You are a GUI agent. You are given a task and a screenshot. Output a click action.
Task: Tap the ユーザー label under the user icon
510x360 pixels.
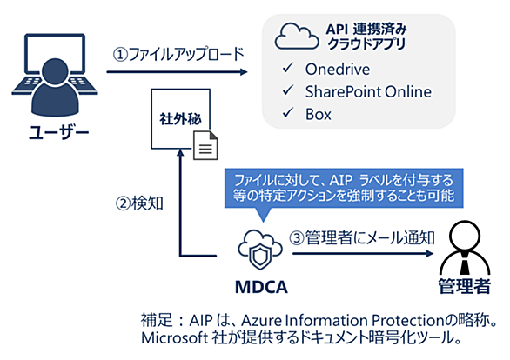click(x=58, y=132)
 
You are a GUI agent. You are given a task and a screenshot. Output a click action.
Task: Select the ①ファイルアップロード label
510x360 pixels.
click(x=178, y=54)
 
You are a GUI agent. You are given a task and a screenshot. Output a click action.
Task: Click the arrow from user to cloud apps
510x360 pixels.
click(x=178, y=72)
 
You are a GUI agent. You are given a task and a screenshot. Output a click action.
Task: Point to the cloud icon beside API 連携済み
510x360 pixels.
click(x=296, y=37)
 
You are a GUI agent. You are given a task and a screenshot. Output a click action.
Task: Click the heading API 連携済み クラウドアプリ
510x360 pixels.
click(x=366, y=37)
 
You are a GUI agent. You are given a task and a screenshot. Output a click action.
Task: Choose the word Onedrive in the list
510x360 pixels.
click(x=338, y=70)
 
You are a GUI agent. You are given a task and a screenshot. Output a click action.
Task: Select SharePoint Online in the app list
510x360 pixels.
click(x=368, y=91)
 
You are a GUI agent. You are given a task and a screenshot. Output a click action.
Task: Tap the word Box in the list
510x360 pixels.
click(x=319, y=115)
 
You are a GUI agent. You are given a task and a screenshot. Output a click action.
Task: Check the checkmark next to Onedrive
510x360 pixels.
click(x=288, y=68)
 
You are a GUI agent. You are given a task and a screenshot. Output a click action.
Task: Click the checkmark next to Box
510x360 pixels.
click(x=288, y=113)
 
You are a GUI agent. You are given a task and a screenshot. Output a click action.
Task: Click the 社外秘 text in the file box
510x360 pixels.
click(x=180, y=119)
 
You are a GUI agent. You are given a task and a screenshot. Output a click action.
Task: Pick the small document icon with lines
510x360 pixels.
click(x=205, y=145)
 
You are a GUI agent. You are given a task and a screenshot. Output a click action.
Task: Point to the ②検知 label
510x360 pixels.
click(x=139, y=203)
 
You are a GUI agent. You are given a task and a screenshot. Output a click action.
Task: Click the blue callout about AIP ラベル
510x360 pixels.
click(x=344, y=188)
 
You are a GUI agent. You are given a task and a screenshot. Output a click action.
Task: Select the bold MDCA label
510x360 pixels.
click(x=261, y=287)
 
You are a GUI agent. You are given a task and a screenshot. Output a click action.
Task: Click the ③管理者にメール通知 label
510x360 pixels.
click(x=362, y=238)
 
